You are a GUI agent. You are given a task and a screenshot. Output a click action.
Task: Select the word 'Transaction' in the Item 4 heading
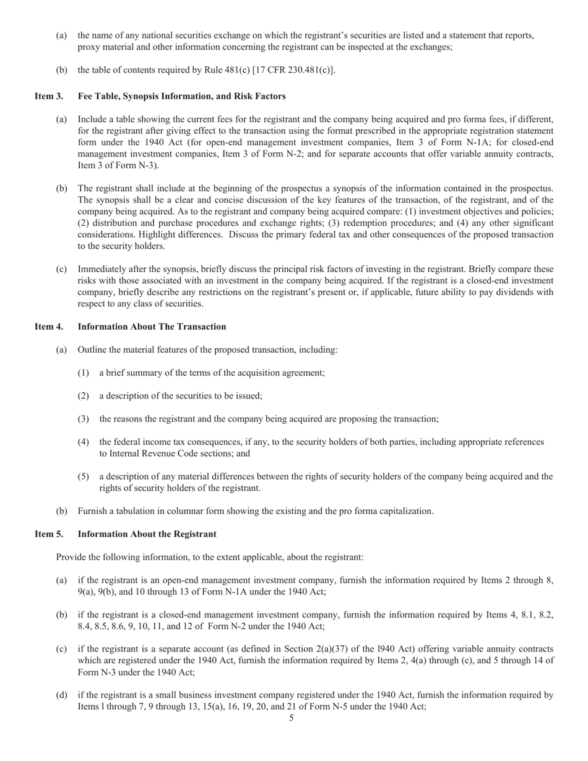click(x=201, y=326)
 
